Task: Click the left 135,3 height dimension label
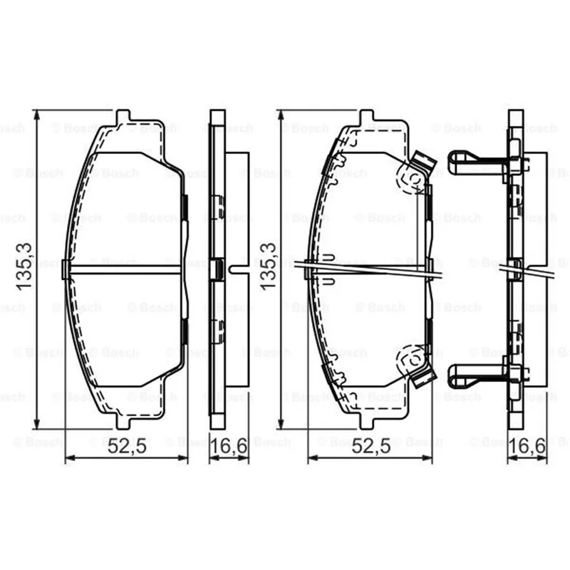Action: [24, 266]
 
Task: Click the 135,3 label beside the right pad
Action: [268, 266]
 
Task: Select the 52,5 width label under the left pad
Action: [127, 446]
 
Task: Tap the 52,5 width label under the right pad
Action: [371, 446]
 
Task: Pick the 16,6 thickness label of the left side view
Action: [229, 446]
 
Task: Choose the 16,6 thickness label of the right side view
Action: [527, 446]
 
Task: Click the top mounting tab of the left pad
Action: [123, 116]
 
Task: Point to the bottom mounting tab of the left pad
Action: [123, 422]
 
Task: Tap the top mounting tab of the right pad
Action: [367, 116]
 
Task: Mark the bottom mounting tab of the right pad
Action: [367, 422]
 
